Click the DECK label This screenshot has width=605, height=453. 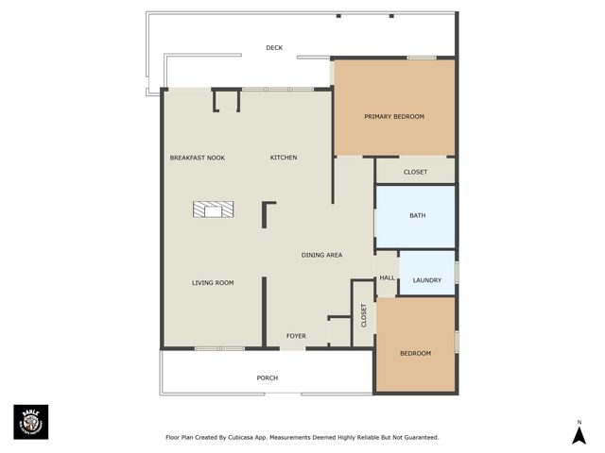tap(274, 47)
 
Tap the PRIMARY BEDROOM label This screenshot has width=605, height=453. tap(394, 116)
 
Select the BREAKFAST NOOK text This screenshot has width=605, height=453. tap(197, 158)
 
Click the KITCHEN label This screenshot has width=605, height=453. tap(284, 158)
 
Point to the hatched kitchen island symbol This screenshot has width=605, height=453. tap(214, 210)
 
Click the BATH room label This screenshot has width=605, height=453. tap(417, 215)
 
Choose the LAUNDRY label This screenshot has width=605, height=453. tap(427, 280)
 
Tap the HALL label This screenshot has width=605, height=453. tap(387, 277)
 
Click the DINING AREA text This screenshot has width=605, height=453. tap(321, 255)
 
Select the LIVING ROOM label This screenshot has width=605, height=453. tap(213, 282)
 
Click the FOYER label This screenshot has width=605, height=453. tap(297, 336)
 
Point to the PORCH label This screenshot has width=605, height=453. tap(268, 377)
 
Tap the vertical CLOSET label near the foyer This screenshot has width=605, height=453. tap(364, 315)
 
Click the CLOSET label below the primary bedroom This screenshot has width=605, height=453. tap(415, 172)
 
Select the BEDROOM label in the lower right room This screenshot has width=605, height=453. tap(415, 353)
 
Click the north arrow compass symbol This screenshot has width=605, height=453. tap(579, 435)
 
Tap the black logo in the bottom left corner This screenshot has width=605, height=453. tap(30, 422)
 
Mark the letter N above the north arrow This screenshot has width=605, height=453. tap(579, 422)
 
